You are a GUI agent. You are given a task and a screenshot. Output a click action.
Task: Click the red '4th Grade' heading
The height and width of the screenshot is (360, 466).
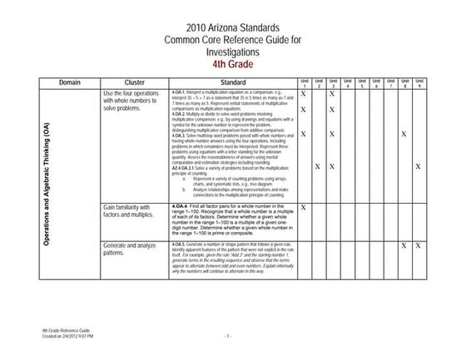(232, 63)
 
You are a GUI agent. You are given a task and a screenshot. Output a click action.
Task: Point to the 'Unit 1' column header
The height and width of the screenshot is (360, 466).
(304, 83)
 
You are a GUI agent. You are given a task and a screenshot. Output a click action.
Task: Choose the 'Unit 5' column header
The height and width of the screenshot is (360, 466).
(361, 83)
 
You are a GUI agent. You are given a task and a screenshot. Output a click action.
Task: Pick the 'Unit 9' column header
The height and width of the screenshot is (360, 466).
(418, 83)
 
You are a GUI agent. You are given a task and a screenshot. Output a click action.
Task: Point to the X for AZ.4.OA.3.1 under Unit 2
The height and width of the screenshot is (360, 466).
(318, 167)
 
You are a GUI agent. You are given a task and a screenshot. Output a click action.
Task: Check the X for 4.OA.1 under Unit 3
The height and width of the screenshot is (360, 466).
(332, 94)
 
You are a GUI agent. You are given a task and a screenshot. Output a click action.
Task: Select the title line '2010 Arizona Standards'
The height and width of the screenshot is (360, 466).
(232, 27)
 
